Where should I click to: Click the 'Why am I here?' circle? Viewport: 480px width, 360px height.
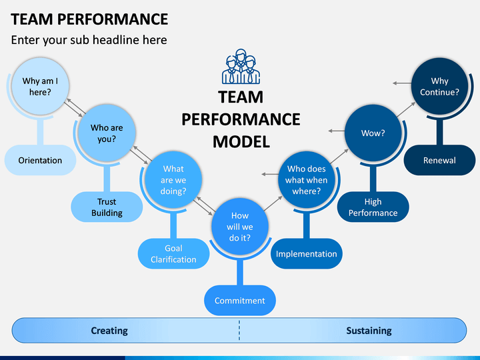point(40,86)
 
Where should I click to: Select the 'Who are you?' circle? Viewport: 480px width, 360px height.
point(107,133)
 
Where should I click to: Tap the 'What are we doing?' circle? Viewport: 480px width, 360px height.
point(173,180)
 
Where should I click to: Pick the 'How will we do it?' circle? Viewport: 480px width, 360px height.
point(240,227)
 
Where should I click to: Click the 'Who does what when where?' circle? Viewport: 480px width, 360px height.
point(307,180)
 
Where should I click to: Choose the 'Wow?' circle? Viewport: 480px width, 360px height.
point(373,133)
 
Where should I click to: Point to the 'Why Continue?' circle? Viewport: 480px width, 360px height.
point(439,86)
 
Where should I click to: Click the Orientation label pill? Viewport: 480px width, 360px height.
point(40,160)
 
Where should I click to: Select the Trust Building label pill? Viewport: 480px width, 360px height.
point(107,207)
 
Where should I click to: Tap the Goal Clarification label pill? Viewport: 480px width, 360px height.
point(173,254)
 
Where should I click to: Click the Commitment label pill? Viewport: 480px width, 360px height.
point(240,300)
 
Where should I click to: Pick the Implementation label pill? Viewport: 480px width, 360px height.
point(307,254)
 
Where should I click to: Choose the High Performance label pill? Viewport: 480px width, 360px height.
point(373,207)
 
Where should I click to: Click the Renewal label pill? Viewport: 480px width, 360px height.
point(439,160)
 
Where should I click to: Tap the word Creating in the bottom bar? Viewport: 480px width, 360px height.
point(109,331)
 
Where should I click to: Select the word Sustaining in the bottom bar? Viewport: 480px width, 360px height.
point(369,331)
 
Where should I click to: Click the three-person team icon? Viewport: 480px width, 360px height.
point(241,67)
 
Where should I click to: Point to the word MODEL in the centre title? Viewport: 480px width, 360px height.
point(241,142)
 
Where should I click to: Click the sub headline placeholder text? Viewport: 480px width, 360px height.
point(89,40)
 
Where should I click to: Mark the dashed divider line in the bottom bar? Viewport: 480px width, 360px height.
point(239,330)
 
